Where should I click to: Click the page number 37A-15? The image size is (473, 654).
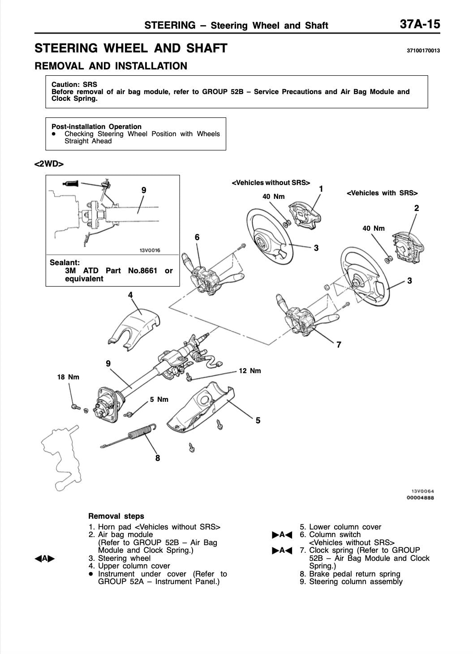click(420, 24)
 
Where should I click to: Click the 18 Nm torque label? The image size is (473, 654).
click(68, 377)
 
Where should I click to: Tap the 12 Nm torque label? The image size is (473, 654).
click(249, 371)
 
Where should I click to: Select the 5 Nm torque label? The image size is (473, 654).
click(159, 400)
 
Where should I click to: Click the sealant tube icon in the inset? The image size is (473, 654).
click(71, 183)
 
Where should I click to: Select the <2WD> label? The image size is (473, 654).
click(49, 164)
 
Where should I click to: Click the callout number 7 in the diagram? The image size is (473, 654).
click(339, 345)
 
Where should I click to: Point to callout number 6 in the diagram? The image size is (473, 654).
click(197, 237)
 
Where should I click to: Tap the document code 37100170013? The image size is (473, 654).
click(423, 51)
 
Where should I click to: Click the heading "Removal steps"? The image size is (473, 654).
click(116, 516)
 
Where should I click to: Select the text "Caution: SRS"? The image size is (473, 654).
click(74, 84)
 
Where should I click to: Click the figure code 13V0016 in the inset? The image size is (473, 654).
click(150, 250)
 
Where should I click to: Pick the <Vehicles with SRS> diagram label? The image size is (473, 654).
click(382, 193)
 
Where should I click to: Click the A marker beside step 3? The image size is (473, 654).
click(45, 559)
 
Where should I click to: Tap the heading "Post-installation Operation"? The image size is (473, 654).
click(96, 126)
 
